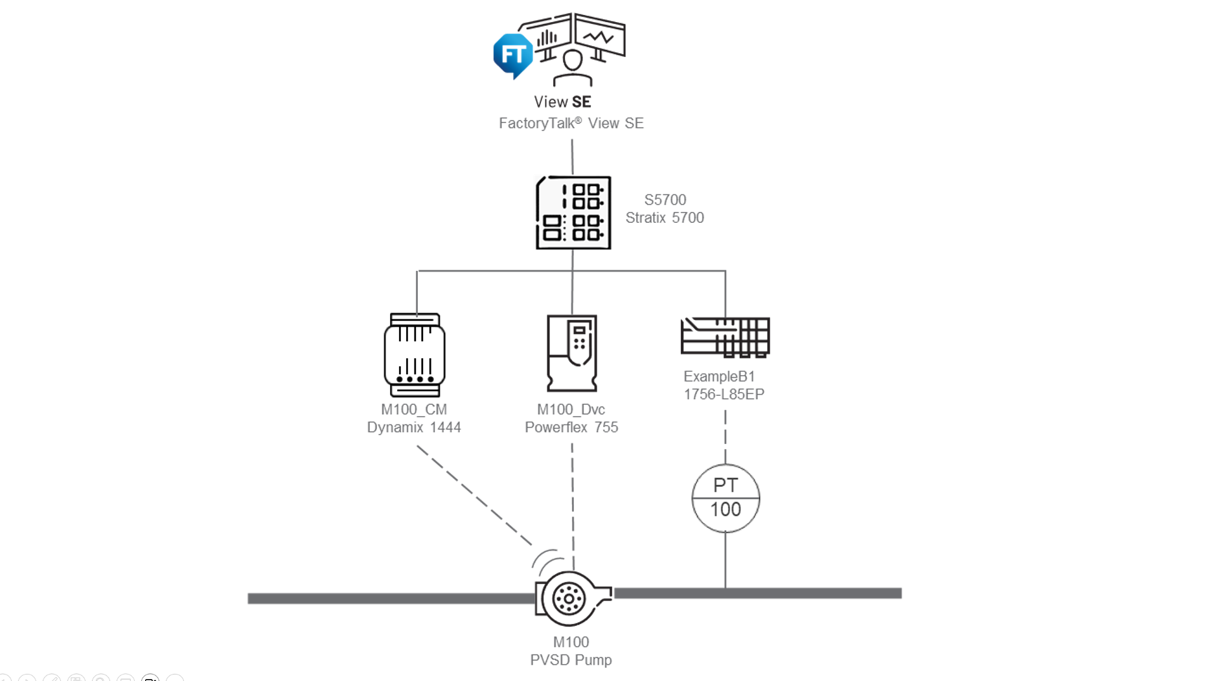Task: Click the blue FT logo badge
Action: coord(513,55)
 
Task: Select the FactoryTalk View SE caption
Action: coord(571,123)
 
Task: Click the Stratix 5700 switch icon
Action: coord(573,213)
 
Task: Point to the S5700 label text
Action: coord(665,200)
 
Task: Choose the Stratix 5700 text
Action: coord(665,218)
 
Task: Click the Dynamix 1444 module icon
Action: coord(415,354)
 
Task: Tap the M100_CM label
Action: coord(414,410)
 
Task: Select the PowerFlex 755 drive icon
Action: coord(571,353)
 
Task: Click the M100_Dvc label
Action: coord(571,410)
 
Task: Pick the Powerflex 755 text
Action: coord(571,428)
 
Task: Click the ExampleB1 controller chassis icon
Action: coord(725,337)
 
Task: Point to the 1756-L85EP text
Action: coord(724,394)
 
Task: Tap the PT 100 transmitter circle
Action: coord(726,498)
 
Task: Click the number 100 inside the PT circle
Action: coord(726,510)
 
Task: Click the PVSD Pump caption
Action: coord(571,660)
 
